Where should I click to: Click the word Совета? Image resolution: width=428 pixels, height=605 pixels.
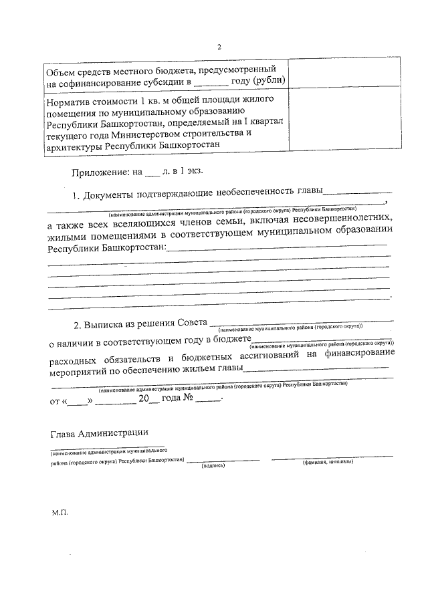191,326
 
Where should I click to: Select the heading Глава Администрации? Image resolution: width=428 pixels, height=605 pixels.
100,434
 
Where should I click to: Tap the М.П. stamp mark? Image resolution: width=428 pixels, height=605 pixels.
60,514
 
